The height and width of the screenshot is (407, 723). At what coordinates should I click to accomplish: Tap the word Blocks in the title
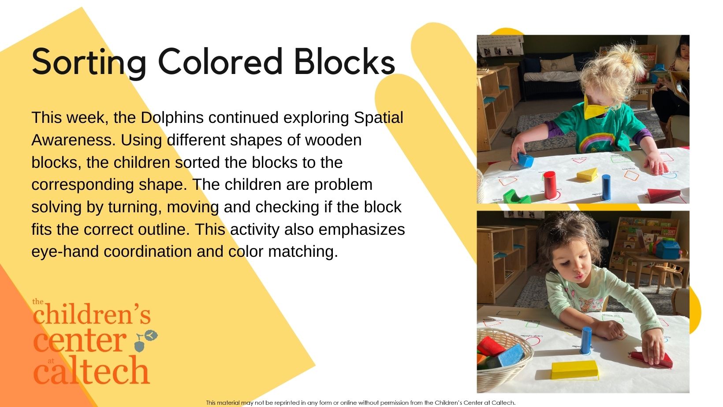344,61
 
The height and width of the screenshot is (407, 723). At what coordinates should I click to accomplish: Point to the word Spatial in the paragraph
378,118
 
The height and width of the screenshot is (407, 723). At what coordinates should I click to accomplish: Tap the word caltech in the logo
91,370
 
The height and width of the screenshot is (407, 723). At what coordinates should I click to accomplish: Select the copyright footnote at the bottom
361,403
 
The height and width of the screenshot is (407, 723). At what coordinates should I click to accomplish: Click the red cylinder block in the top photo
549,185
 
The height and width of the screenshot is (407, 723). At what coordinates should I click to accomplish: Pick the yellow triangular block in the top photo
587,174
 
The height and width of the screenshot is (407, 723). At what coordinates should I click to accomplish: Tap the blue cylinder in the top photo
606,187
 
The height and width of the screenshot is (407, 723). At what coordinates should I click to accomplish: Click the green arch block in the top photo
516,196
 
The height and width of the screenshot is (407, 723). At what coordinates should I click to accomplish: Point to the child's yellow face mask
595,108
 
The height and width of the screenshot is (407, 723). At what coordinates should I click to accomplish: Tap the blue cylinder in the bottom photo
586,340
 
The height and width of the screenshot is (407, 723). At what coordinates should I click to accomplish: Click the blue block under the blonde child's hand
525,159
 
